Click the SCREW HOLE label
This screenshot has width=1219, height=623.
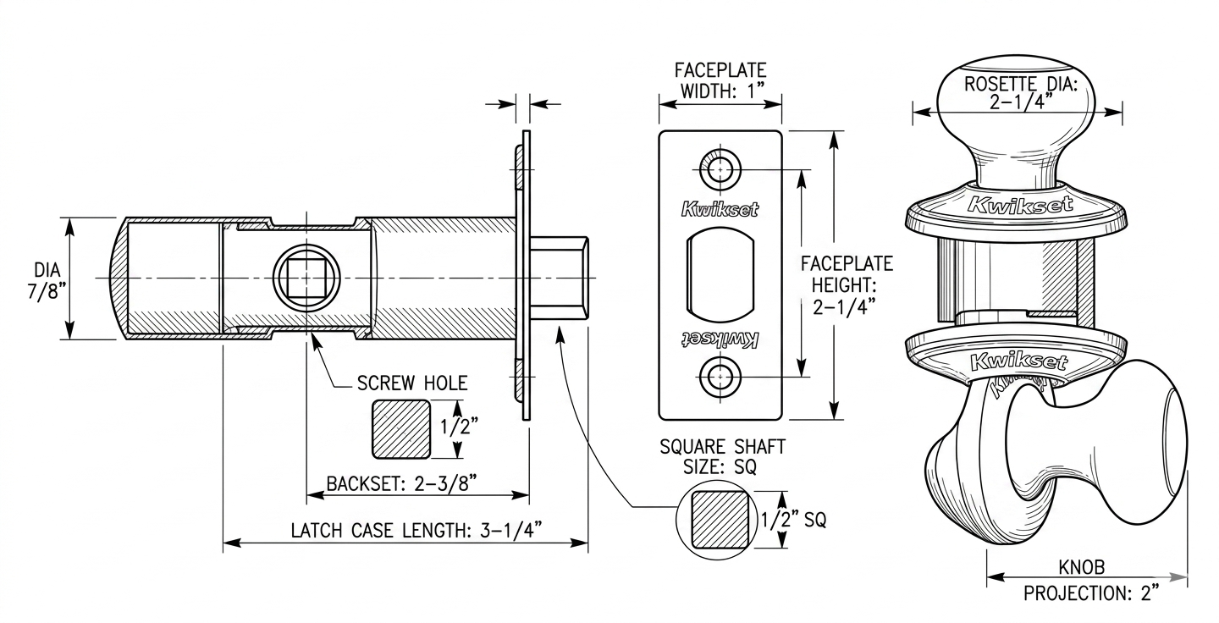(x=412, y=383)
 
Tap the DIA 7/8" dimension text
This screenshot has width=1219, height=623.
(x=47, y=281)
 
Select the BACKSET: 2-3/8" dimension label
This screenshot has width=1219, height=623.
(x=401, y=483)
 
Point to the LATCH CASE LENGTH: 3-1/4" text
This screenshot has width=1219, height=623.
(x=416, y=530)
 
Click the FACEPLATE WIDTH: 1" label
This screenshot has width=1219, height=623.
(x=720, y=80)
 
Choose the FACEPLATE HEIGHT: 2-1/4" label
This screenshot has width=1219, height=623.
(x=847, y=285)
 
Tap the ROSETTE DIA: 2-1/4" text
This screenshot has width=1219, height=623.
(x=1021, y=92)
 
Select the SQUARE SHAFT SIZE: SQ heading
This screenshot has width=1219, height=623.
(x=722, y=456)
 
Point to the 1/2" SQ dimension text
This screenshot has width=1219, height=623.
(x=793, y=520)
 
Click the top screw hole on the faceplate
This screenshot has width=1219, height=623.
(x=720, y=169)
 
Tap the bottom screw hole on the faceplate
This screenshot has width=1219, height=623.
(x=720, y=377)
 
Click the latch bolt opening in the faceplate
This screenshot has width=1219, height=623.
(x=720, y=275)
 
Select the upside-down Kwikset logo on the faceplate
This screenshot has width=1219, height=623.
(x=720, y=339)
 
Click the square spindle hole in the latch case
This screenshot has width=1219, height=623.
(x=306, y=278)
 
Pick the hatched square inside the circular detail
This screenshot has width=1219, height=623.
(x=719, y=520)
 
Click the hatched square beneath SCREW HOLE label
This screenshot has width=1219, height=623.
(x=401, y=429)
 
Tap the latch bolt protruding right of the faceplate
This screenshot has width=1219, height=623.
(x=559, y=278)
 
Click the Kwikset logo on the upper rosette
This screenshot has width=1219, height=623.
(x=1020, y=205)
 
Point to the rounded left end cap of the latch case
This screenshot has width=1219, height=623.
(x=118, y=278)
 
